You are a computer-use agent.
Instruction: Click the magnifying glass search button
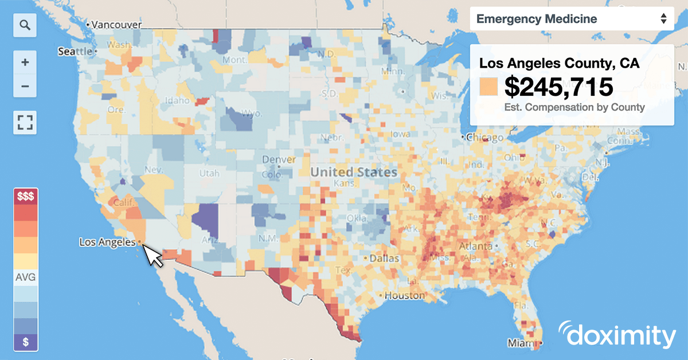tap(25, 25)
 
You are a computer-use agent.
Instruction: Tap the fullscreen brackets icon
tap(25, 122)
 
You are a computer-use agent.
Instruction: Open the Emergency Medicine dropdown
tap(571, 19)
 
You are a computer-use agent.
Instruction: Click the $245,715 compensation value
tap(558, 87)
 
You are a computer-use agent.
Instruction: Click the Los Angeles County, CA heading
tap(559, 63)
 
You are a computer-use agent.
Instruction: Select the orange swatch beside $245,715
tap(488, 87)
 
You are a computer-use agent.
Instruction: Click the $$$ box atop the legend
tap(25, 197)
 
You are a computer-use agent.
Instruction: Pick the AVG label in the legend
tap(25, 278)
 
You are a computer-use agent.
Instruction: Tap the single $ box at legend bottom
tap(25, 342)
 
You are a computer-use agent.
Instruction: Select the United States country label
tap(354, 172)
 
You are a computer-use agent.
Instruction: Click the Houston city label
tap(404, 296)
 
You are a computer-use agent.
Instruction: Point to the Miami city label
tap(520, 343)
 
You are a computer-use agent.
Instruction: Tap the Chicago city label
tap(485, 138)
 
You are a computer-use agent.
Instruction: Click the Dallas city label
tap(385, 259)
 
